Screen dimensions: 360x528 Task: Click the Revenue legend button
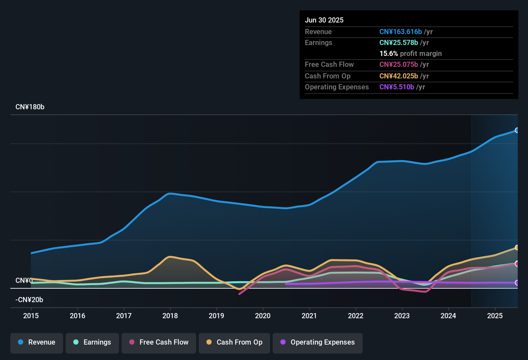pos(37,342)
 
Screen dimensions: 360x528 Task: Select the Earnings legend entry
pos(92,342)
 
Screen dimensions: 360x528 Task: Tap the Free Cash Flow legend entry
pos(159,342)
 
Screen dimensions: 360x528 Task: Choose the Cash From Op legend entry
pos(234,342)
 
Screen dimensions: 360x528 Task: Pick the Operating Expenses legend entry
pos(318,342)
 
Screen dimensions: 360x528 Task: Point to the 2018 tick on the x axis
pos(170,316)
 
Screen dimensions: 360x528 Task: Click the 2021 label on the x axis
pos(309,316)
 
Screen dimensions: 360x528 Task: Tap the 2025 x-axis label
pos(495,316)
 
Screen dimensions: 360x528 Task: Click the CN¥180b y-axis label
pos(30,107)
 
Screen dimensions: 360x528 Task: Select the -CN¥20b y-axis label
pos(29,300)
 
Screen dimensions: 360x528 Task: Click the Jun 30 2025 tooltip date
pos(324,20)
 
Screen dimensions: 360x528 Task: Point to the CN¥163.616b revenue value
pos(400,32)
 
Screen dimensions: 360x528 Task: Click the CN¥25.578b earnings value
pos(398,43)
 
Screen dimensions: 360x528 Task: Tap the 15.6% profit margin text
pos(410,54)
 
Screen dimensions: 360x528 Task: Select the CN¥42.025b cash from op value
pos(398,76)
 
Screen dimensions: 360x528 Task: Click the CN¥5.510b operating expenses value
pos(396,87)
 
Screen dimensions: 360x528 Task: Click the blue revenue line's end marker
pos(517,130)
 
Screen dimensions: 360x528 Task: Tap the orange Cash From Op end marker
pos(517,248)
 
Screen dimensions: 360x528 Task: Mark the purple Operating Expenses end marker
pos(517,283)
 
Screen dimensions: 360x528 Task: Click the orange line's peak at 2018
pos(170,256)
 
